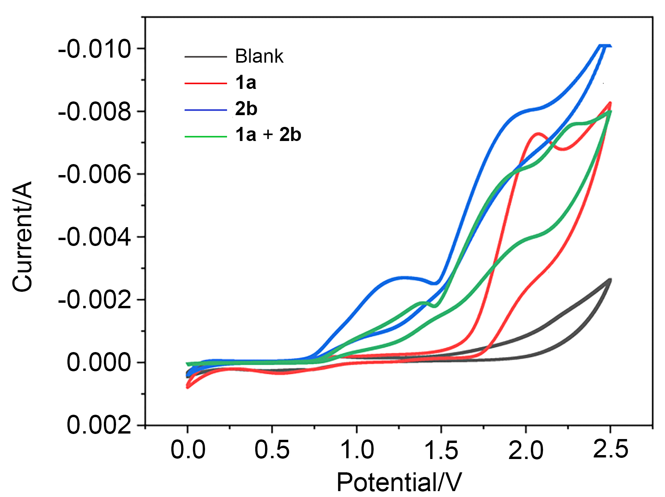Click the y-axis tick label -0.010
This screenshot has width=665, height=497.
[94, 49]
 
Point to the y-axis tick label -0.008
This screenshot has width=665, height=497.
[94, 112]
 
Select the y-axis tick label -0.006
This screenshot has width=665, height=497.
[94, 175]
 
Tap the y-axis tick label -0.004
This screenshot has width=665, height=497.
[94, 237]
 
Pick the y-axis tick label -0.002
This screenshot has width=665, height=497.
[94, 300]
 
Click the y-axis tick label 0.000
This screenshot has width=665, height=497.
[99, 363]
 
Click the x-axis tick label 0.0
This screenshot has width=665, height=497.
[188, 450]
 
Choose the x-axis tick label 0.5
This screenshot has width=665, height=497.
[272, 450]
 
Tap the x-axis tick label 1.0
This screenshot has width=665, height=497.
[357, 450]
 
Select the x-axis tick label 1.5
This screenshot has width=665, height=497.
[442, 450]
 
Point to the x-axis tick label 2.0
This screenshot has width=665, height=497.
[526, 450]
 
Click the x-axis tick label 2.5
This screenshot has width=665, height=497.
[610, 449]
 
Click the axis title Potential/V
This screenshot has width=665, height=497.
[399, 483]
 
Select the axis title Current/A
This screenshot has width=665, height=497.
[22, 237]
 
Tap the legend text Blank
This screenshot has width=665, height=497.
[259, 56]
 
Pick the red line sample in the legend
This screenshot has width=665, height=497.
[206, 83]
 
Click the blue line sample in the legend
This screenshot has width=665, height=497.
[206, 110]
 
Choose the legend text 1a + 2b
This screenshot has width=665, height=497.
[268, 135]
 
